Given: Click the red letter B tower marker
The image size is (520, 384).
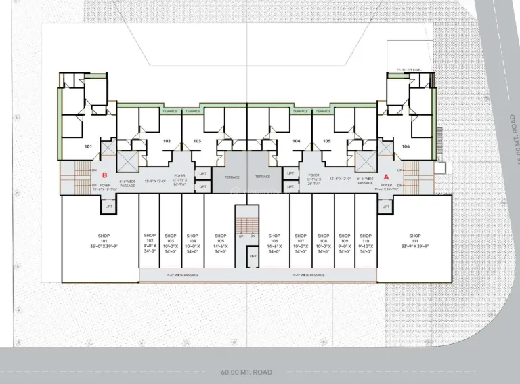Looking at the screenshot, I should [105, 175].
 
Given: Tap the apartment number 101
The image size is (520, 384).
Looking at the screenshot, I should [87, 146].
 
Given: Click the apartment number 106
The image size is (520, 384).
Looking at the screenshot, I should [406, 146].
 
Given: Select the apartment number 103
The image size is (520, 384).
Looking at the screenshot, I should [197, 141].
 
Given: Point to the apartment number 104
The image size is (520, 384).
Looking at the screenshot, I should [296, 141].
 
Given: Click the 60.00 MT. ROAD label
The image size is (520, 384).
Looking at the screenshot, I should [246, 372].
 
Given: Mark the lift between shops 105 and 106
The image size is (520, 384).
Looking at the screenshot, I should [253, 256].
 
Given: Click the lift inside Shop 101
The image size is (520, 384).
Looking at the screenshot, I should [108, 206].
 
